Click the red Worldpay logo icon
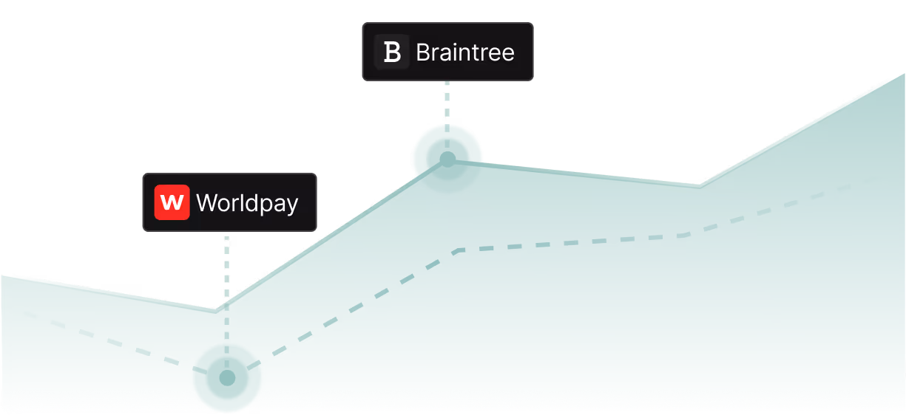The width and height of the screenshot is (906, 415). click(172, 202)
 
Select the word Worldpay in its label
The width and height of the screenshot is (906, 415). click(247, 203)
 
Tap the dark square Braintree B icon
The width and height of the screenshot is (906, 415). click(392, 52)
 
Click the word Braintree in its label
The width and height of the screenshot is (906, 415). click(464, 52)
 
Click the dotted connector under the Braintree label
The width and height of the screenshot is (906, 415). click(447, 100)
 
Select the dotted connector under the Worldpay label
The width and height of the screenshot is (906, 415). click(226, 266)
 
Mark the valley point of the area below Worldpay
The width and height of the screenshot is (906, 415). click(215, 309)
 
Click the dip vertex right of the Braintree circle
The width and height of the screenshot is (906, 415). click(699, 184)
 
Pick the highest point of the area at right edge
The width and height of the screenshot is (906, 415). click(903, 73)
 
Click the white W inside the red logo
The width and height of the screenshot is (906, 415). click(172, 202)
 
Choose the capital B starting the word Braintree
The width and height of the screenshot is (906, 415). click(423, 52)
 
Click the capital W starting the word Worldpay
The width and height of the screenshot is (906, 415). click(208, 203)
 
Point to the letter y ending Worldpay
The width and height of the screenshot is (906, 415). click(291, 206)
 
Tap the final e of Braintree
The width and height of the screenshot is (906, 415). click(507, 54)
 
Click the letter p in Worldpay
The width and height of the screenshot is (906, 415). click(264, 206)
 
